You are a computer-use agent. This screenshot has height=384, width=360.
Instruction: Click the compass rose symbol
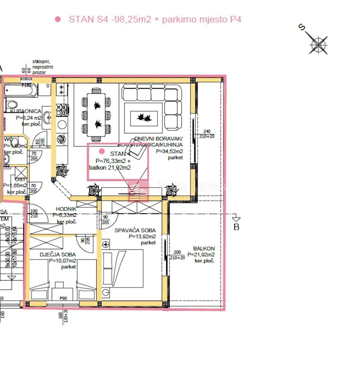point(318,45)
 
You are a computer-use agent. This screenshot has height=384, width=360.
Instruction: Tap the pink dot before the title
point(58,19)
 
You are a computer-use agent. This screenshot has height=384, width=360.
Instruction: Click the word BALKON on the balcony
point(204,249)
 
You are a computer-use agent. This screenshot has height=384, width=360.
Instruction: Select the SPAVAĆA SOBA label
point(135,230)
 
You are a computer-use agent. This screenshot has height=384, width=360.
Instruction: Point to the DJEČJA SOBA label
point(58,255)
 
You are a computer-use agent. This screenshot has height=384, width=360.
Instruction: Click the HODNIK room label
point(66,209)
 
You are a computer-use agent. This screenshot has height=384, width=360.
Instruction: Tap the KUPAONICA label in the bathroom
point(26,111)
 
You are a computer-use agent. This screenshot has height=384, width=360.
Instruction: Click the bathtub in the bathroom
point(21,90)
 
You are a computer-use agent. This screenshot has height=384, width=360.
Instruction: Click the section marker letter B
point(236,227)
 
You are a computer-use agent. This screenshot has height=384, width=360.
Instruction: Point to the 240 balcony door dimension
point(207,131)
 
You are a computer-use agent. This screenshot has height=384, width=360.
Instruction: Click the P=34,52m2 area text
point(169,151)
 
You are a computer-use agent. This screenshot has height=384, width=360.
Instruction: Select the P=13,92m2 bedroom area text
point(142,237)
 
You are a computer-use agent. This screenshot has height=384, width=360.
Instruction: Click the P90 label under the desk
point(63,298)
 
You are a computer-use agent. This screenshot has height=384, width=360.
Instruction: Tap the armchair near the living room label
point(136,148)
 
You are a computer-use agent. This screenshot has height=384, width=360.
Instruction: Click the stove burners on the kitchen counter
point(62,110)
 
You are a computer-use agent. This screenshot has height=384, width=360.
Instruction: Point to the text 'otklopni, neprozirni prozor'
point(43,67)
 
